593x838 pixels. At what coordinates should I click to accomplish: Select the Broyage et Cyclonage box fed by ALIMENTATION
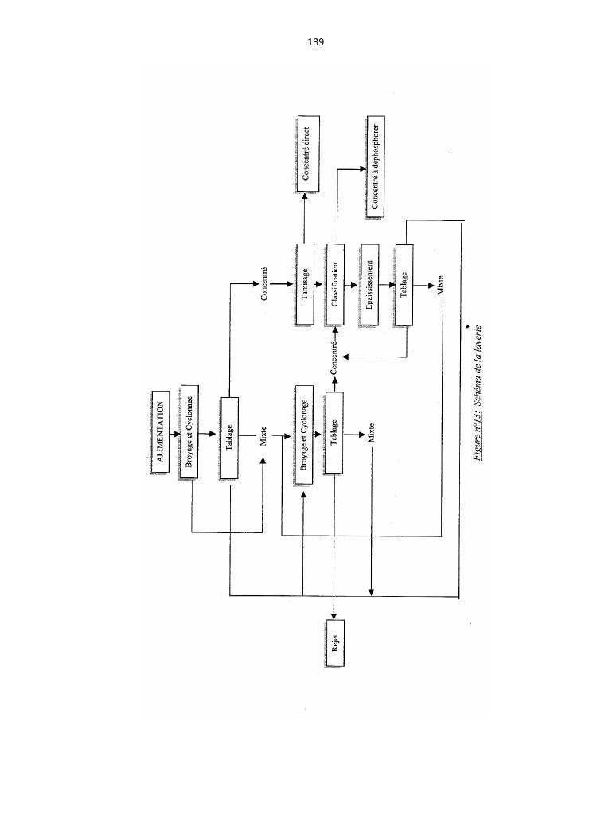(189, 432)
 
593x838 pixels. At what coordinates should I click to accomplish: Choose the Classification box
(335, 284)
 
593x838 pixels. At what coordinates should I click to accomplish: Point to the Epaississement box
(369, 284)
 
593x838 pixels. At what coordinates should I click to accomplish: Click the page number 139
(315, 41)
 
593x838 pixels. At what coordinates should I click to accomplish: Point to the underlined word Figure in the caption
(478, 446)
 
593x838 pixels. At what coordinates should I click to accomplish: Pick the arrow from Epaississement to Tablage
(387, 284)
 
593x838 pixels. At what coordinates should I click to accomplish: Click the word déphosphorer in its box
(375, 152)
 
